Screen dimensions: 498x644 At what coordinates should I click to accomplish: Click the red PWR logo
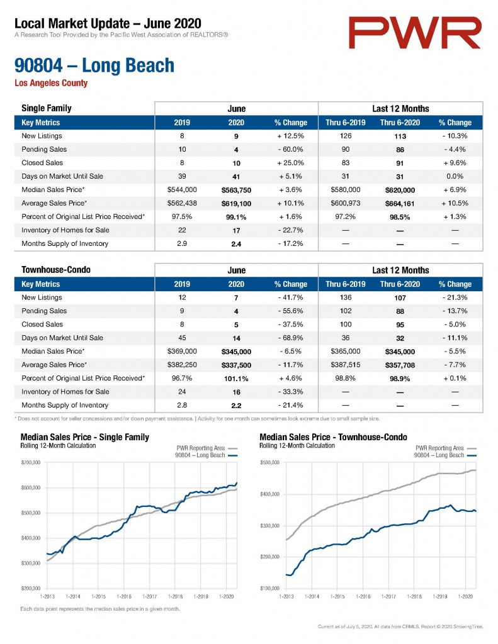pyautogui.click(x=415, y=33)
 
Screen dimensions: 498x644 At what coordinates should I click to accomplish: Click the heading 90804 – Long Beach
pyautogui.click(x=94, y=65)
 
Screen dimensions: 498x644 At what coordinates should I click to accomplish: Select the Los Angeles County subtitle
pyautogui.click(x=51, y=83)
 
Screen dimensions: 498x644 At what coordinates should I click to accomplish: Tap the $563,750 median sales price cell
pyautogui.click(x=236, y=190)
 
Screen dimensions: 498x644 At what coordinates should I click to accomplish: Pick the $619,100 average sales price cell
pyautogui.click(x=236, y=204)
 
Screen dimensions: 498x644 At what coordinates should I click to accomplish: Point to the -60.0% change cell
pyautogui.click(x=290, y=150)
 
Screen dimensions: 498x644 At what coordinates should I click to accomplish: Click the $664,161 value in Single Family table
pyautogui.click(x=400, y=204)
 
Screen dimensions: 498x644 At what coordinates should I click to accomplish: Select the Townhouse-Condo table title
pyautogui.click(x=56, y=270)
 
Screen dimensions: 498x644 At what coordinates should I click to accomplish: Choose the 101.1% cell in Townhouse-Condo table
pyautogui.click(x=236, y=379)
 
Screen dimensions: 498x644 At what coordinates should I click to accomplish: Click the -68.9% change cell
pyautogui.click(x=290, y=338)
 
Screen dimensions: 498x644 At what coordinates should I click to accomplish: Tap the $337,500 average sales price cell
pyautogui.click(x=236, y=365)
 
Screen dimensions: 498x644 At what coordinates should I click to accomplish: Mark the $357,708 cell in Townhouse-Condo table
pyautogui.click(x=400, y=365)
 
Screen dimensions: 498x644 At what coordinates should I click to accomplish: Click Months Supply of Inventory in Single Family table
pyautogui.click(x=65, y=243)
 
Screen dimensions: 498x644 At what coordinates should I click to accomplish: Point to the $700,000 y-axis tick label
pyautogui.click(x=31, y=462)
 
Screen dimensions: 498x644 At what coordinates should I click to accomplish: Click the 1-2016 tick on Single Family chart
pyautogui.click(x=124, y=596)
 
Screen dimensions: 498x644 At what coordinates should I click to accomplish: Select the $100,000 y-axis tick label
pyautogui.click(x=269, y=588)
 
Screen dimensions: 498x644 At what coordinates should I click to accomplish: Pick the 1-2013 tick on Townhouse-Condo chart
pyautogui.click(x=286, y=596)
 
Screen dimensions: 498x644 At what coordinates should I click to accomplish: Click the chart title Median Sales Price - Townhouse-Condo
pyautogui.click(x=334, y=437)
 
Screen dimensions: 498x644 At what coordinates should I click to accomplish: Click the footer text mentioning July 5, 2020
pyautogui.click(x=400, y=627)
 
